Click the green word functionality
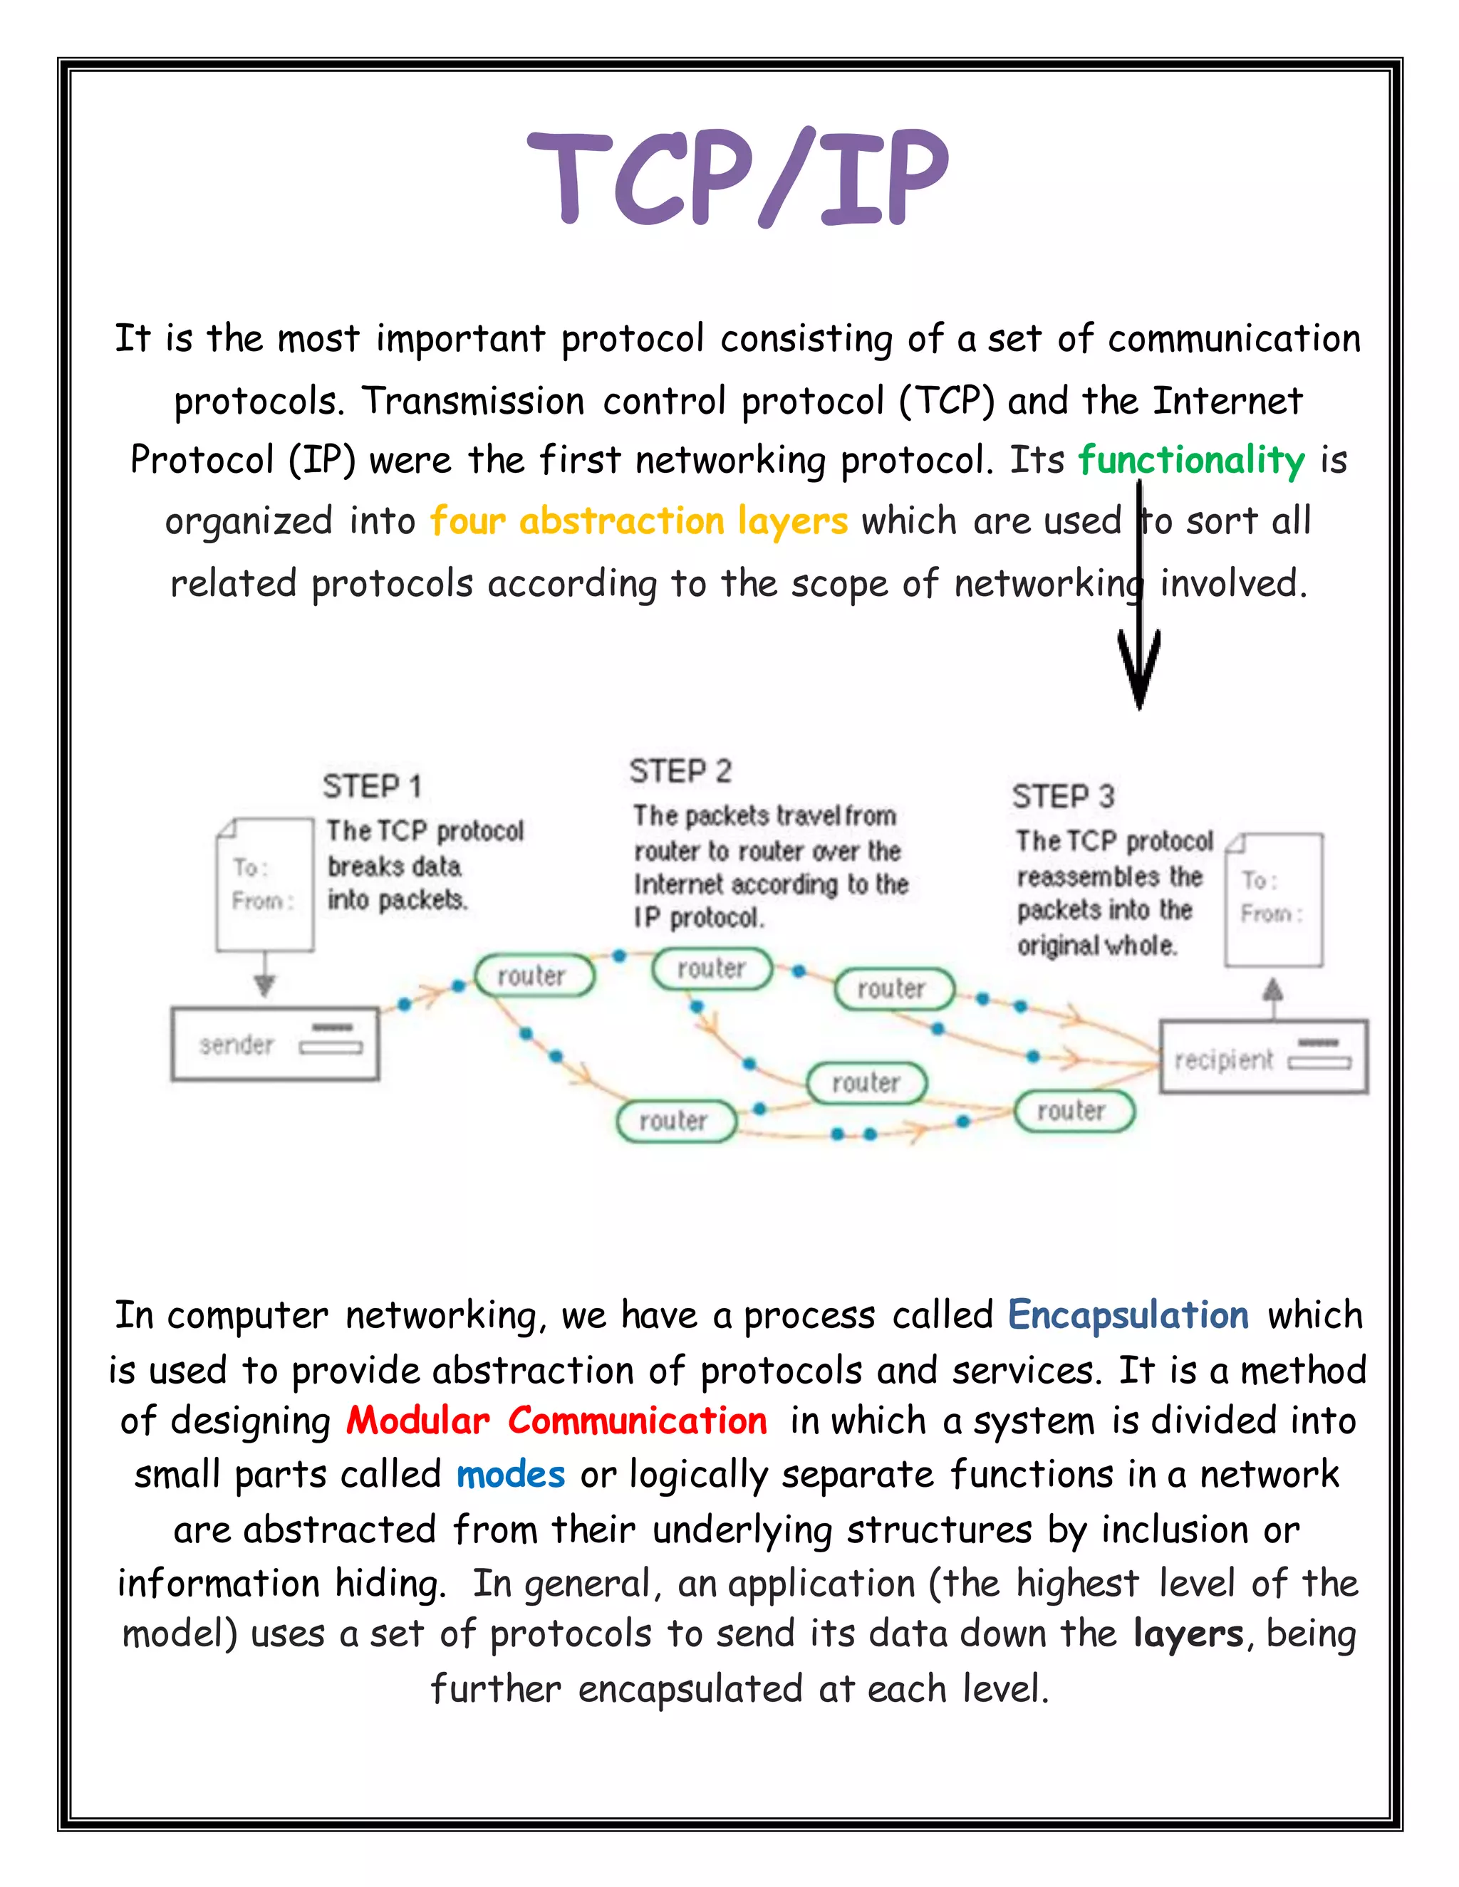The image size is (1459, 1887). click(1191, 461)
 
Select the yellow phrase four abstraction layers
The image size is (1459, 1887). click(639, 521)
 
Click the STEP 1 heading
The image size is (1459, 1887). click(372, 786)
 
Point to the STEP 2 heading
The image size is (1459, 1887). click(680, 770)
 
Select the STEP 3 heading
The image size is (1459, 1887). click(1063, 796)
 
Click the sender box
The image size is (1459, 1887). click(275, 1044)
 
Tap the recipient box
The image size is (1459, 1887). click(1263, 1057)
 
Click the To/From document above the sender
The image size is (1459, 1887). click(264, 884)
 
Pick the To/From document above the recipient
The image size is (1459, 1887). click(1274, 899)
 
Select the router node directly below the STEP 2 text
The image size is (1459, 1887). click(712, 968)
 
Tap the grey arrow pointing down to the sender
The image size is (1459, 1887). click(264, 981)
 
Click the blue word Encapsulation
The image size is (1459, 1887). click(1128, 1315)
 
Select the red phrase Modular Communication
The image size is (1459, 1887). click(556, 1421)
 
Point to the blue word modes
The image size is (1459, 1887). click(510, 1474)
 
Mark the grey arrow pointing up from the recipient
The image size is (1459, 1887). click(1272, 993)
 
